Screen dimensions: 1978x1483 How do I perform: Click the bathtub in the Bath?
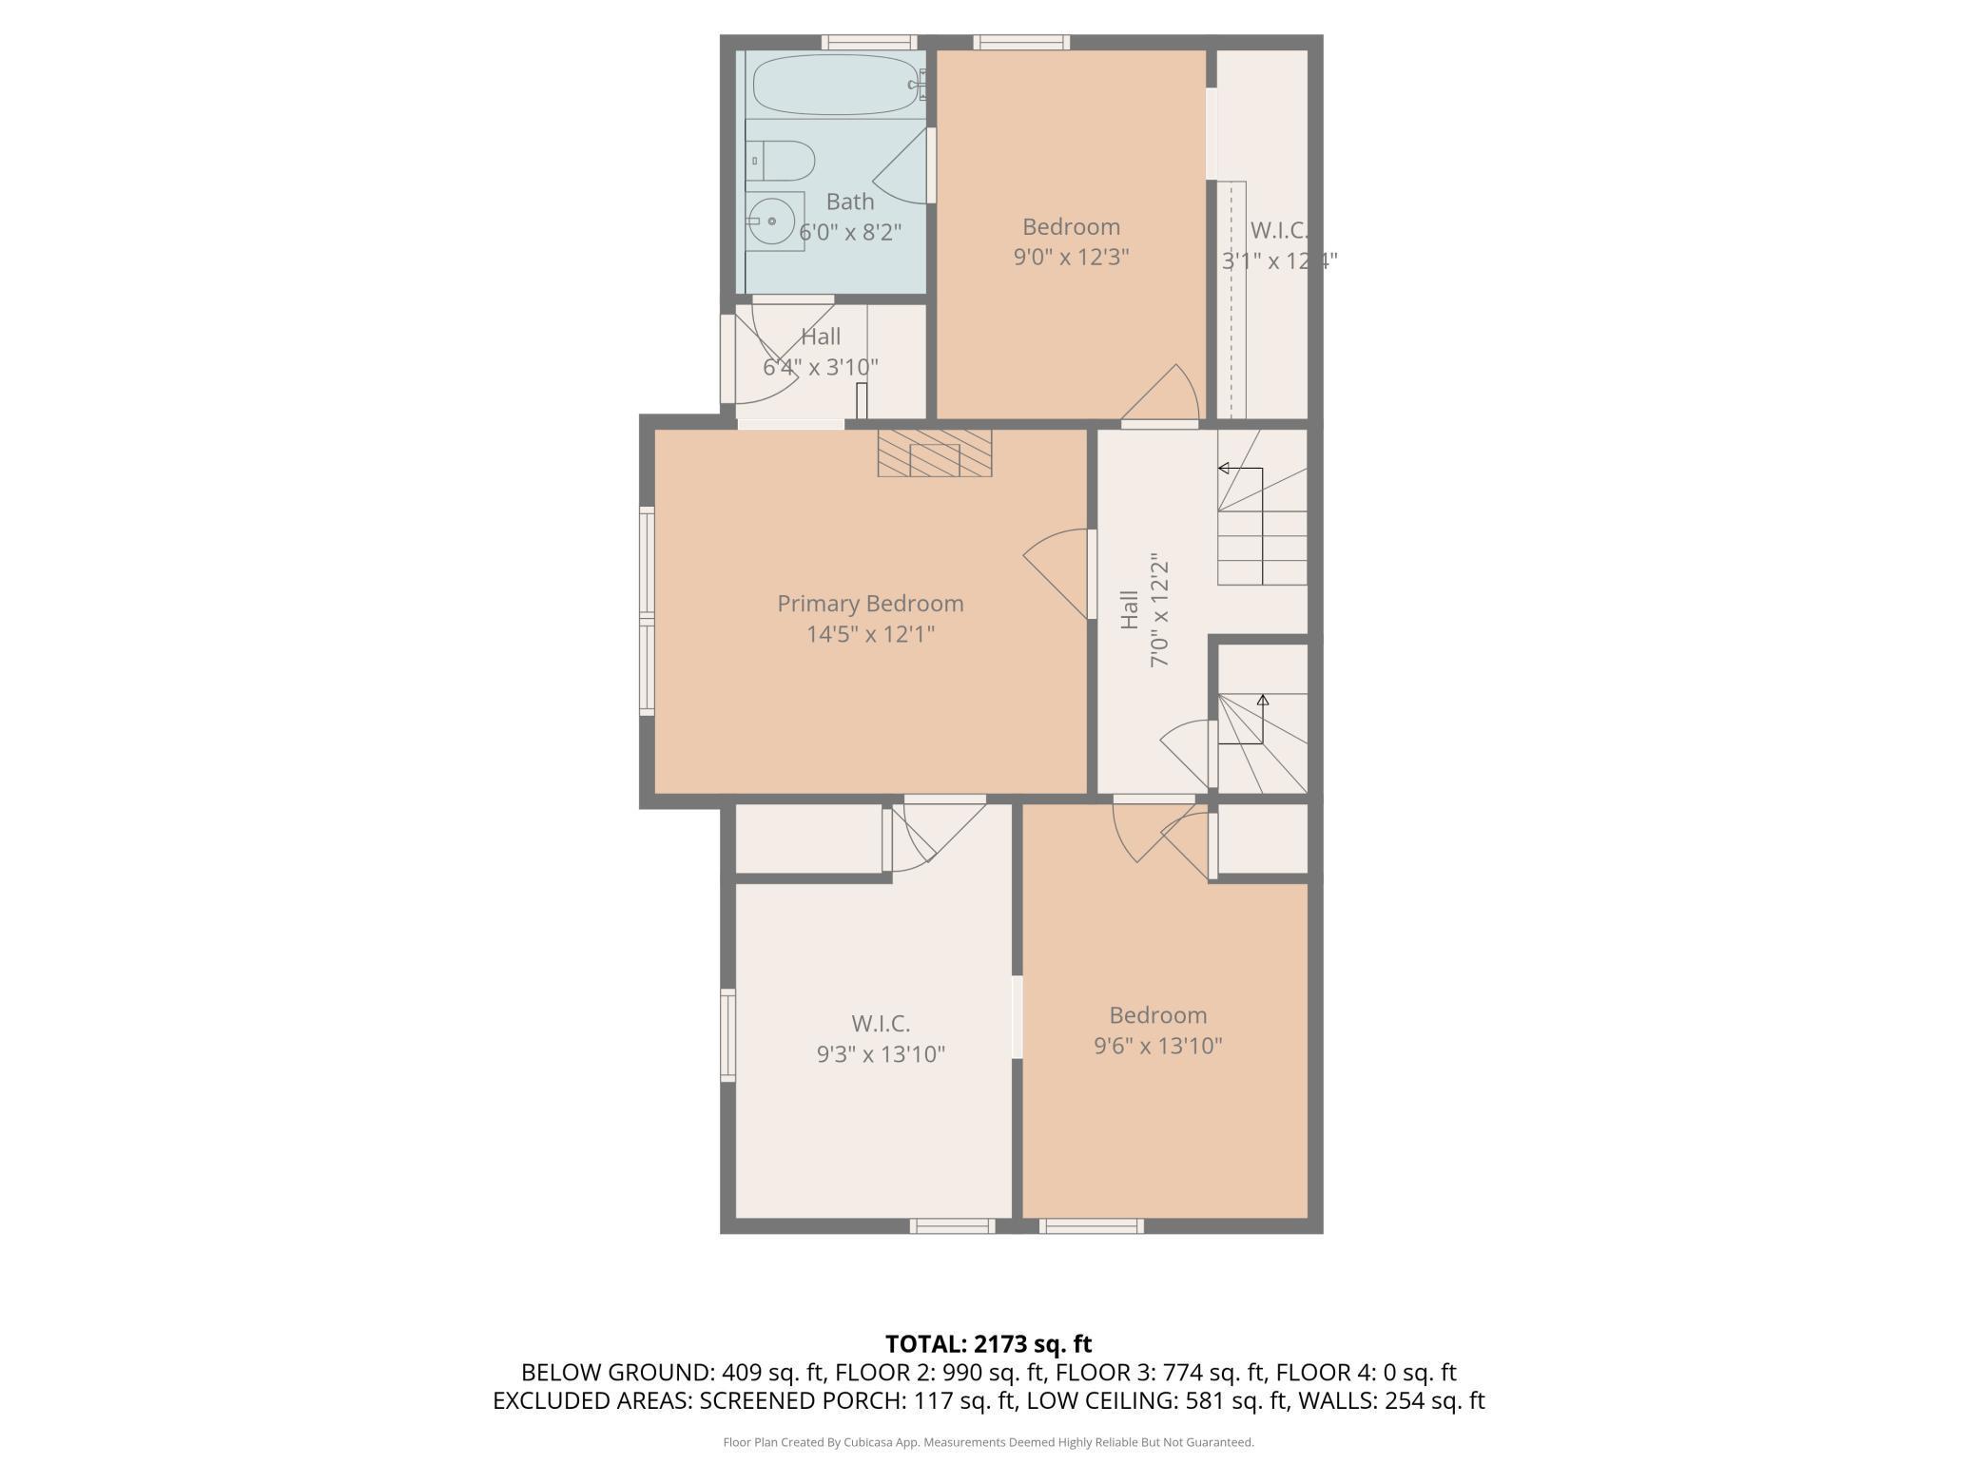click(836, 85)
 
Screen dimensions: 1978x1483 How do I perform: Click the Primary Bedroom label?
click(870, 604)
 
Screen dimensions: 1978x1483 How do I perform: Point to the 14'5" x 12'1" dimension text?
click(870, 634)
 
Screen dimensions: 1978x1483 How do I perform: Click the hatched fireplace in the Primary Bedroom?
click(934, 453)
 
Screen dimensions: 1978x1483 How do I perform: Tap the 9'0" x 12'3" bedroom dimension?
click(1071, 257)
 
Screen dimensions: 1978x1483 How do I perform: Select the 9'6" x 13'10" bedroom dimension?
click(1157, 1046)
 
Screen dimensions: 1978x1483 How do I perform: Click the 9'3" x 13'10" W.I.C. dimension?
click(881, 1054)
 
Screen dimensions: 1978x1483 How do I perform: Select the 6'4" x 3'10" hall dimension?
click(820, 367)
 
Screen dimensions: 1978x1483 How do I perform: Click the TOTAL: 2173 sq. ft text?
click(989, 1344)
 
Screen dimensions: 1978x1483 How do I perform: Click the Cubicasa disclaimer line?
click(989, 1442)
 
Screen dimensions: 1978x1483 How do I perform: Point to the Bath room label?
click(850, 202)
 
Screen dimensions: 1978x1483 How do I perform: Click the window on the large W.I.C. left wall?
click(728, 1034)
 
